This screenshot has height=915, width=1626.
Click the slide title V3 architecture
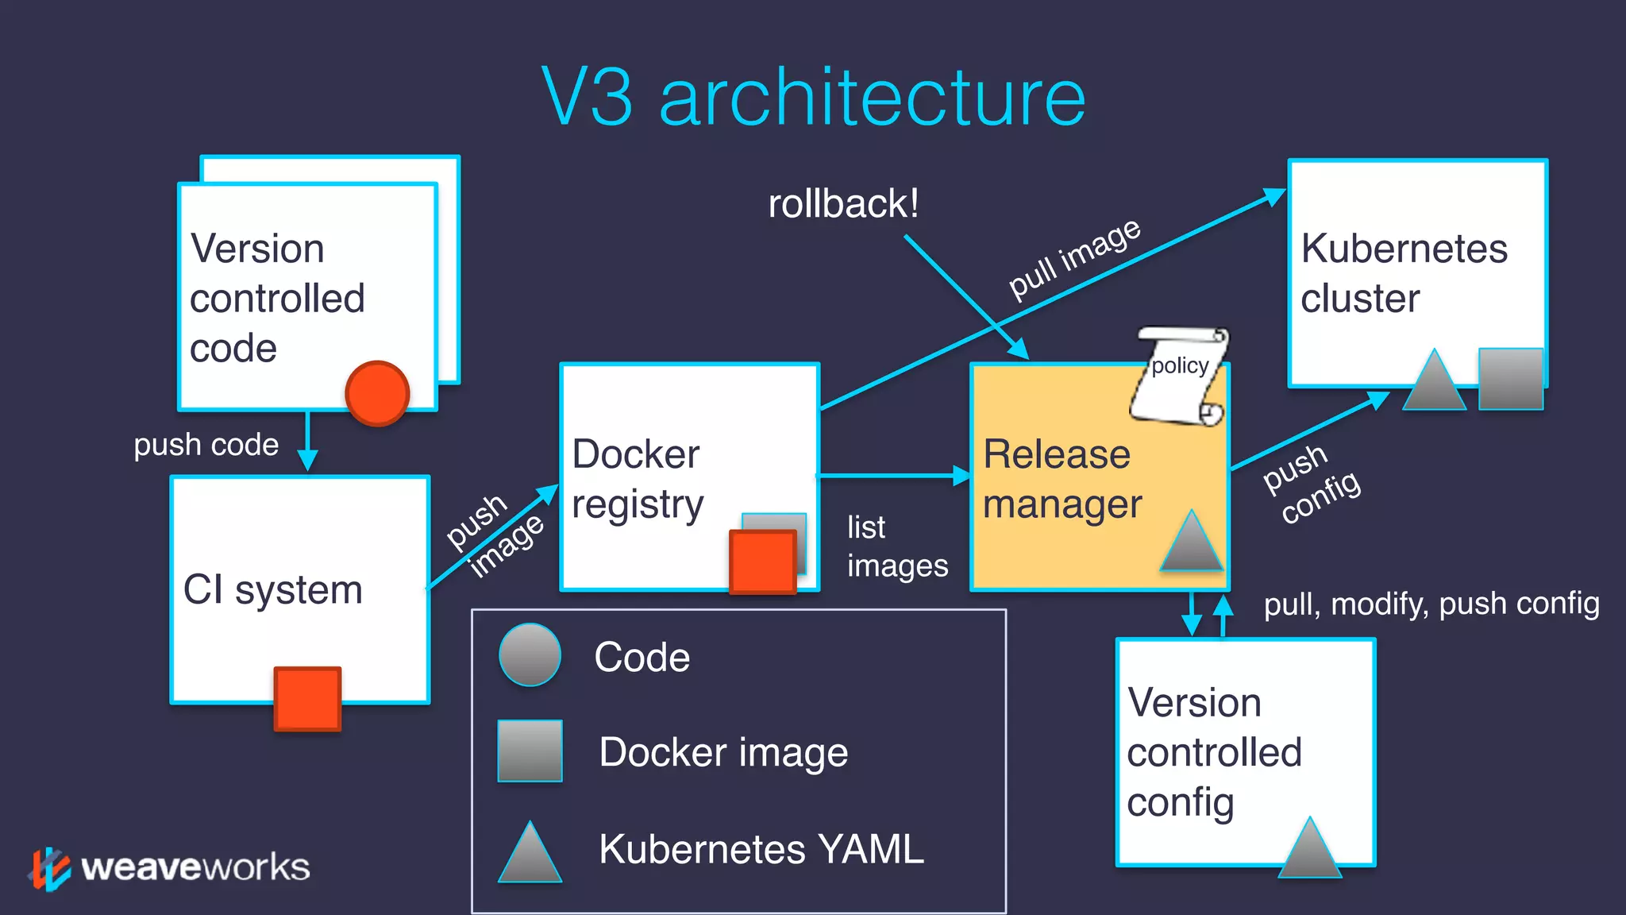point(813,97)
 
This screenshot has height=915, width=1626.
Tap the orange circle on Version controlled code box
point(377,393)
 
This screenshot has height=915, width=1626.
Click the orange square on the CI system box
point(307,698)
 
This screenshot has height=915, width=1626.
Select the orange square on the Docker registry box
point(762,562)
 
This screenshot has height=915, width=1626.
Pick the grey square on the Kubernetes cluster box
point(1510,379)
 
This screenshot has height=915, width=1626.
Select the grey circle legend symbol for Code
point(530,655)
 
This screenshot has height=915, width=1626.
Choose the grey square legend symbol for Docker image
point(530,751)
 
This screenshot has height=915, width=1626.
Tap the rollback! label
point(843,203)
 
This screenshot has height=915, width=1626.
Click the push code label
point(206,445)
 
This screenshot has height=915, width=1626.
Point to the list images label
point(896,546)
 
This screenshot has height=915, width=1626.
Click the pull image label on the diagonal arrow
point(1074,259)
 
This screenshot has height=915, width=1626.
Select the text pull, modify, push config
point(1431,604)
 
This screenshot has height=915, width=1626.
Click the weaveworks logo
point(171,867)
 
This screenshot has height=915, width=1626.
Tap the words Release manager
point(1062,479)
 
